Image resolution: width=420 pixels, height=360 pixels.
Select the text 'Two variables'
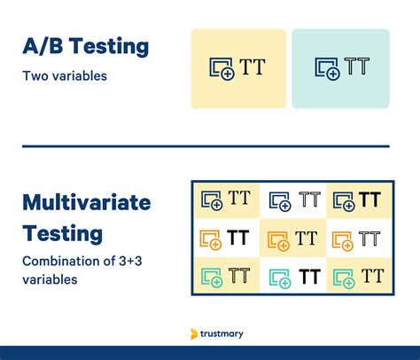click(x=65, y=76)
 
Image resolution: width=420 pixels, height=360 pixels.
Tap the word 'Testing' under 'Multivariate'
click(x=62, y=233)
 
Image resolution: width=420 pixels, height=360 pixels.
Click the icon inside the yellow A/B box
click(x=220, y=68)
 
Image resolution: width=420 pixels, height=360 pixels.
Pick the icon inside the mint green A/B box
click(x=327, y=68)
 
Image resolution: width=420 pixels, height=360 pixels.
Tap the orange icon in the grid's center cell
click(x=279, y=239)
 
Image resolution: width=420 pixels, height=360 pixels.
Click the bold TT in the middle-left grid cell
click(x=237, y=238)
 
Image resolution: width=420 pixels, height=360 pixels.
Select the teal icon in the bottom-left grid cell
click(x=212, y=277)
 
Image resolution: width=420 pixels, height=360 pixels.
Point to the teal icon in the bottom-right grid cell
click(x=342, y=277)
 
